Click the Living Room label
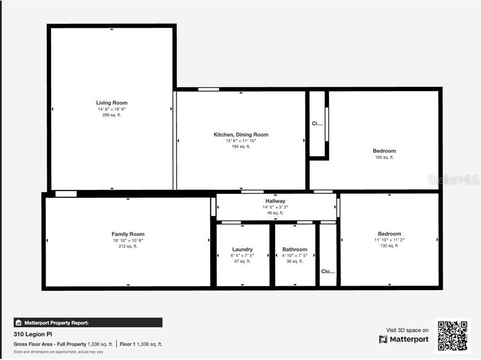[x=112, y=103]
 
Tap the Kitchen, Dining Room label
[x=241, y=134]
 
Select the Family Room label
[x=128, y=234]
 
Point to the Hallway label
[x=275, y=201]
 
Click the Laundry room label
[x=242, y=249]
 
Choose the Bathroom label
[x=295, y=249]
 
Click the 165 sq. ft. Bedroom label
[x=384, y=151]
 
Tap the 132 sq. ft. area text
[x=389, y=246]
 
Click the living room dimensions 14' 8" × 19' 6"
[x=112, y=109]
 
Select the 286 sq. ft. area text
[x=112, y=115]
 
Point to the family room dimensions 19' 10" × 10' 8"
[x=128, y=241]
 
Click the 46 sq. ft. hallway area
[x=275, y=213]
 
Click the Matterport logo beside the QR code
[x=404, y=339]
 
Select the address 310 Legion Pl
[x=29, y=334]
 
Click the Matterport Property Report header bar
[x=88, y=322]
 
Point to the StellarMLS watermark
[x=453, y=179]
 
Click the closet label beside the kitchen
[x=317, y=124]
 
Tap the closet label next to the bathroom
[x=328, y=272]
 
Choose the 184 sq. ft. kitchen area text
[x=241, y=147]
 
